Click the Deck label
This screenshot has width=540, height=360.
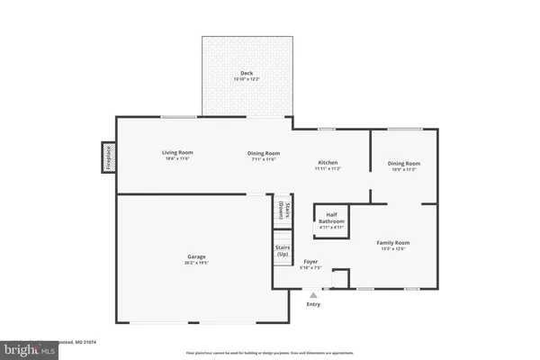pos(246,73)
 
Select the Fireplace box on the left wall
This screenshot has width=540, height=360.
pos(107,157)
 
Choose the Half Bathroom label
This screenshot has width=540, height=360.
pos(332,218)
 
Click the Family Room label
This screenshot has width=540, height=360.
pos(393,242)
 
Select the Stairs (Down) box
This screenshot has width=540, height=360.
pos(282,211)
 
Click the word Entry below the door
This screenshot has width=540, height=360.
pos(313,304)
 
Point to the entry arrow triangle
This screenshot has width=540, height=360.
pos(313,293)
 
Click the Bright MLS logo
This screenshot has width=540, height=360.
pos(27,346)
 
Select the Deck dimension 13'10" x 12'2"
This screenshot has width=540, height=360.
pos(246,80)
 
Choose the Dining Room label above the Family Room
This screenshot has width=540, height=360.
pos(403,163)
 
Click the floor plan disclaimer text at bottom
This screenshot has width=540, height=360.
pos(270,353)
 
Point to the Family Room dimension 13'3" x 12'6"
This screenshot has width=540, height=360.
pos(393,249)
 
